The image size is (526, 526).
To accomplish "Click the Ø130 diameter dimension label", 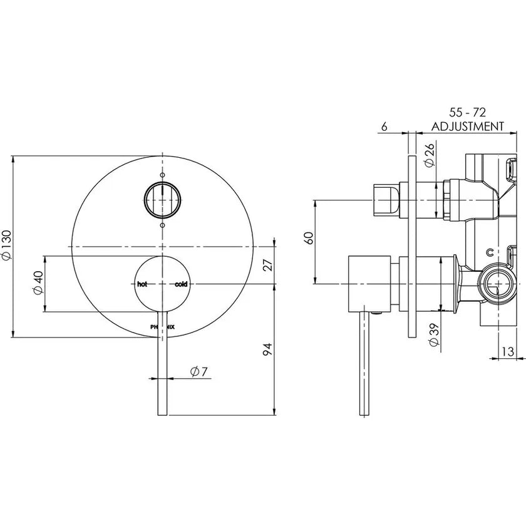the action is [7, 245].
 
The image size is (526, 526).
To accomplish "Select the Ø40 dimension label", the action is [38, 282].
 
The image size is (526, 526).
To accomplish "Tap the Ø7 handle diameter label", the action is [199, 372].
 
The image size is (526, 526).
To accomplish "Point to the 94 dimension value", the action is [267, 349].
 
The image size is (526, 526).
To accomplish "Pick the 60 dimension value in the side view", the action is [309, 238].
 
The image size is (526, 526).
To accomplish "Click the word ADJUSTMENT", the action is [467, 126].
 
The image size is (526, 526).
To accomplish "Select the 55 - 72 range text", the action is [468, 112].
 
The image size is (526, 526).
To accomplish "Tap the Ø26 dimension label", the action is [429, 155].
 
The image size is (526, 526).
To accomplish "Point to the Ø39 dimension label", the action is [434, 335].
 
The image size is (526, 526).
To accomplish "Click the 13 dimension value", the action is [508, 351].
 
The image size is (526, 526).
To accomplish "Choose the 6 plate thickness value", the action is [384, 126].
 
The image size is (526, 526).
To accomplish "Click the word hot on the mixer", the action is [142, 284].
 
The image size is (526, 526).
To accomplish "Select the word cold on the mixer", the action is [181, 284].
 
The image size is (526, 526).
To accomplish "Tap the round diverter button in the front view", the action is [162, 200].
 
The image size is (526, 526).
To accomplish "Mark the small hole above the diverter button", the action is [162, 175].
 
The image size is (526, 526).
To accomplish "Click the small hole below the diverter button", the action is [162, 225].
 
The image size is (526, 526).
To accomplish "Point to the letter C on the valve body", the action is [490, 252].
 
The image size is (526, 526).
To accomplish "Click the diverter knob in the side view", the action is [386, 200].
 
